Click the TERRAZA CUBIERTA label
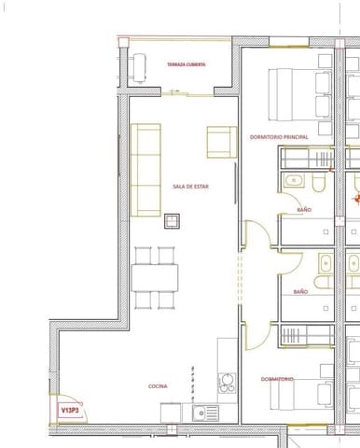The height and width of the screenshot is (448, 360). click(x=187, y=64)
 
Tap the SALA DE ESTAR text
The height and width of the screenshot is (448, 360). click(x=190, y=187)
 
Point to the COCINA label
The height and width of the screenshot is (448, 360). click(x=158, y=385)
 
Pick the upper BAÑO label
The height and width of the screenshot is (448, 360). click(x=304, y=211)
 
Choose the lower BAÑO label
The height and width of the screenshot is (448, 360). click(x=301, y=291)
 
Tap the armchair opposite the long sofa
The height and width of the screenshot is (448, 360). click(x=220, y=142)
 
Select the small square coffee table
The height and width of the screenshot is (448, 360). click(x=173, y=220)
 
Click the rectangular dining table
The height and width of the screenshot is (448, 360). click(x=155, y=277)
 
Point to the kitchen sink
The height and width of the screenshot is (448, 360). click(x=204, y=412)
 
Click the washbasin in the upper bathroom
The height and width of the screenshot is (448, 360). click(x=293, y=180)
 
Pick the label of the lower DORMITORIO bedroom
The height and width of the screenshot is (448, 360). click(x=278, y=379)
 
